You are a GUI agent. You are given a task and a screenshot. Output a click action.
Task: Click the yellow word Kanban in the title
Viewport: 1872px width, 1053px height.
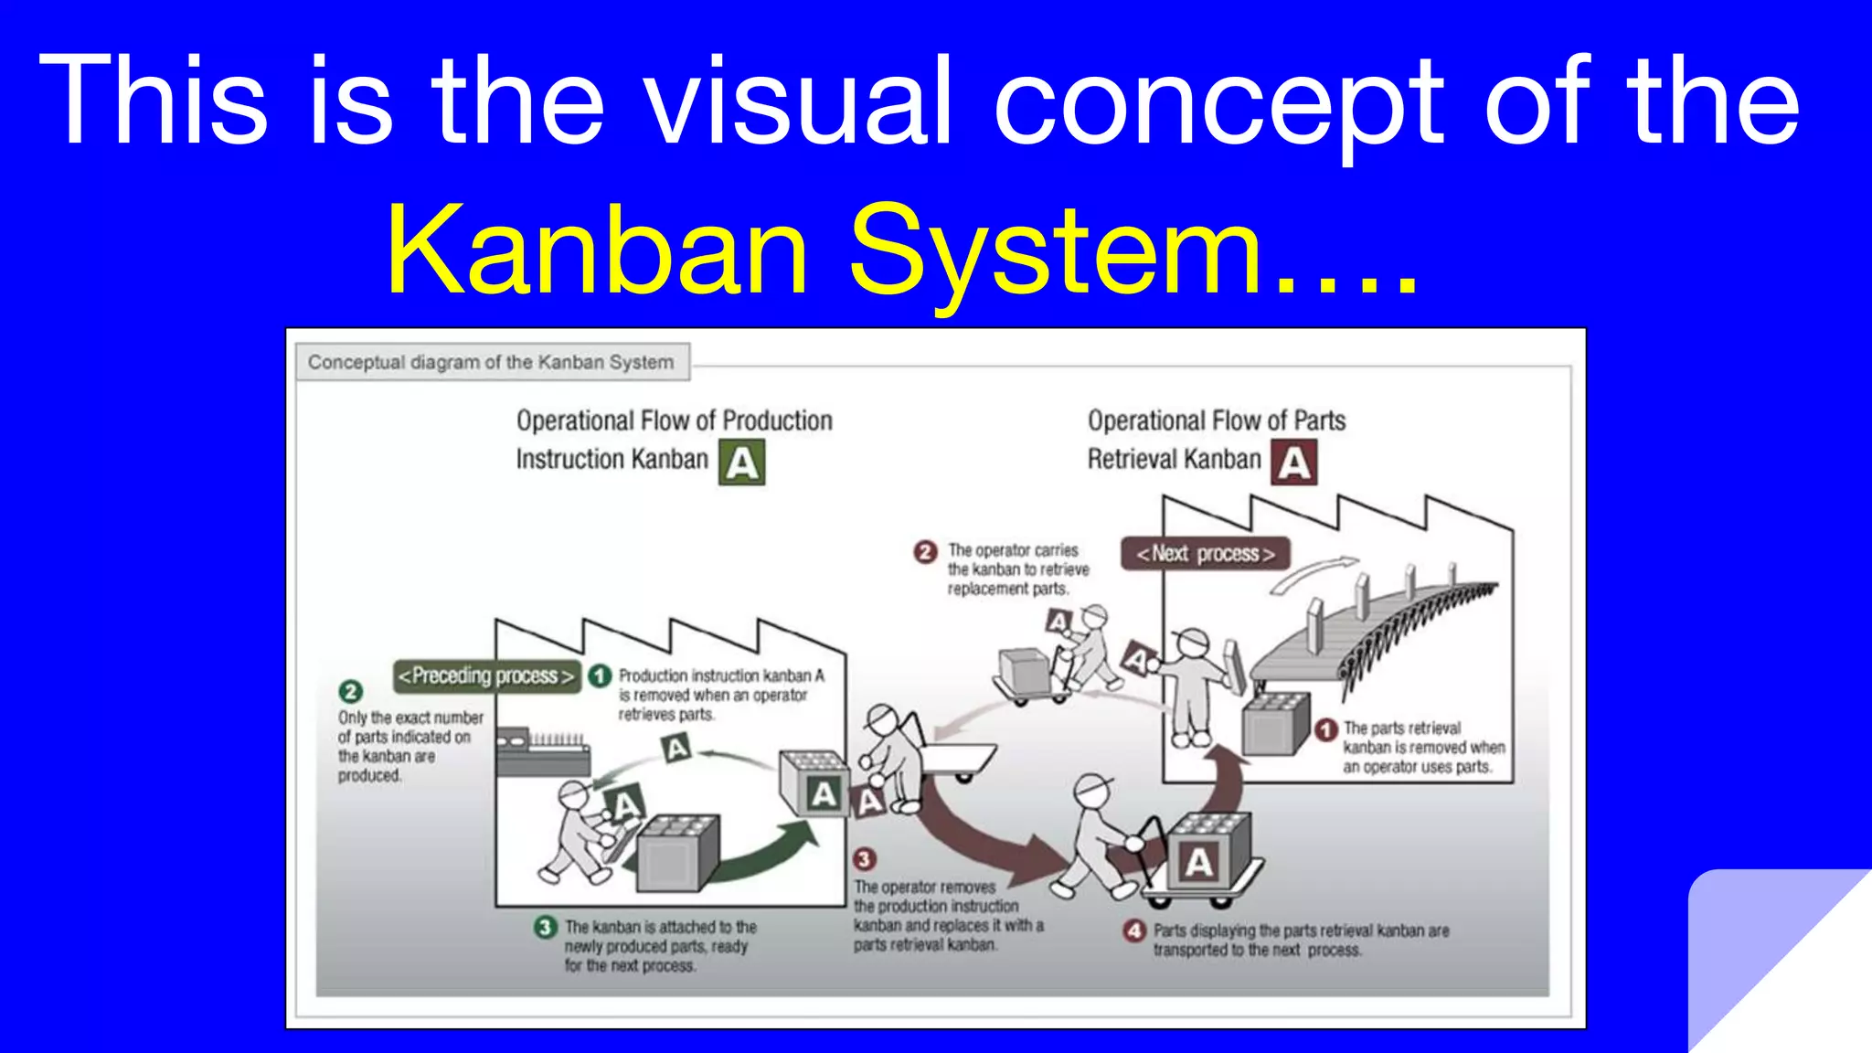coord(599,250)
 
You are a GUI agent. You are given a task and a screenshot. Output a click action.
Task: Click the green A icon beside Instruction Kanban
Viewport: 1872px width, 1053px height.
coord(741,463)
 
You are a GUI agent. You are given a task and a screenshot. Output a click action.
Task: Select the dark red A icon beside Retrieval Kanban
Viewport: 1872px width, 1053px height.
coord(1294,463)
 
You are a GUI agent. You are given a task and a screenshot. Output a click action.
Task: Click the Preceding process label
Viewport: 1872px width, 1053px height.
coord(486,676)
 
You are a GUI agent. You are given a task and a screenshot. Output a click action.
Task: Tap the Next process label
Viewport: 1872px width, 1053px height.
coord(1205,554)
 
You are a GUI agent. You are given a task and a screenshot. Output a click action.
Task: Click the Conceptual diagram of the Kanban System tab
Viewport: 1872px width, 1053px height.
coord(491,362)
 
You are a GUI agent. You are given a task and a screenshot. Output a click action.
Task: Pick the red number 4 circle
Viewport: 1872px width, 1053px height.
coord(1134,931)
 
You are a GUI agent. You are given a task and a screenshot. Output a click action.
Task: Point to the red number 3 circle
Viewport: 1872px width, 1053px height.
coord(864,859)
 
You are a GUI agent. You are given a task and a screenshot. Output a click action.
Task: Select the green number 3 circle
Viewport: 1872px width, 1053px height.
coord(545,927)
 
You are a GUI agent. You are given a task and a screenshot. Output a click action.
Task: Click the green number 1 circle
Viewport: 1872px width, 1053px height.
coord(600,675)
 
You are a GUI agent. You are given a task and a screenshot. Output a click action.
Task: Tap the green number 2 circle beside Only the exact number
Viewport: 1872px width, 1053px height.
coord(350,692)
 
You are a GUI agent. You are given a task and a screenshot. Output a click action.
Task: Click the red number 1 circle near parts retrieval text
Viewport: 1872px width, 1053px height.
coord(1326,729)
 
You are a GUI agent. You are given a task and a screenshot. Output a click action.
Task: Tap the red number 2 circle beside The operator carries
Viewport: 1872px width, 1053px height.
coord(925,551)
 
